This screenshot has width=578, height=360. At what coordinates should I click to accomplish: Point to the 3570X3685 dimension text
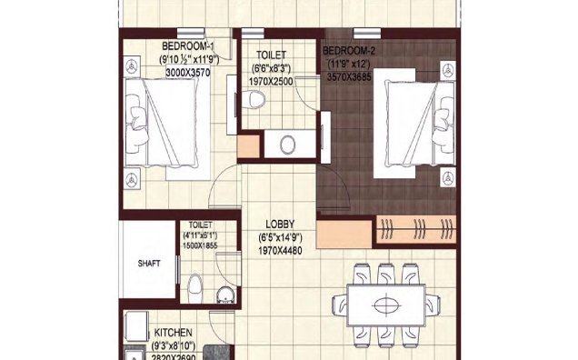pos(353,78)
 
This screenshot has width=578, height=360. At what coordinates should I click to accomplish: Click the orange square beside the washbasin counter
pos(248,146)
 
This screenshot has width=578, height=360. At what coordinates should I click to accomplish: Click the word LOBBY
pos(278,225)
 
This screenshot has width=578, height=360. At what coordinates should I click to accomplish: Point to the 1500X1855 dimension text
pos(200,246)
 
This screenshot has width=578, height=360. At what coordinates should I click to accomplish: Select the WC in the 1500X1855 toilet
pos(194,288)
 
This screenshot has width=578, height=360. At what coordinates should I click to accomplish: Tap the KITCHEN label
pos(173,333)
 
